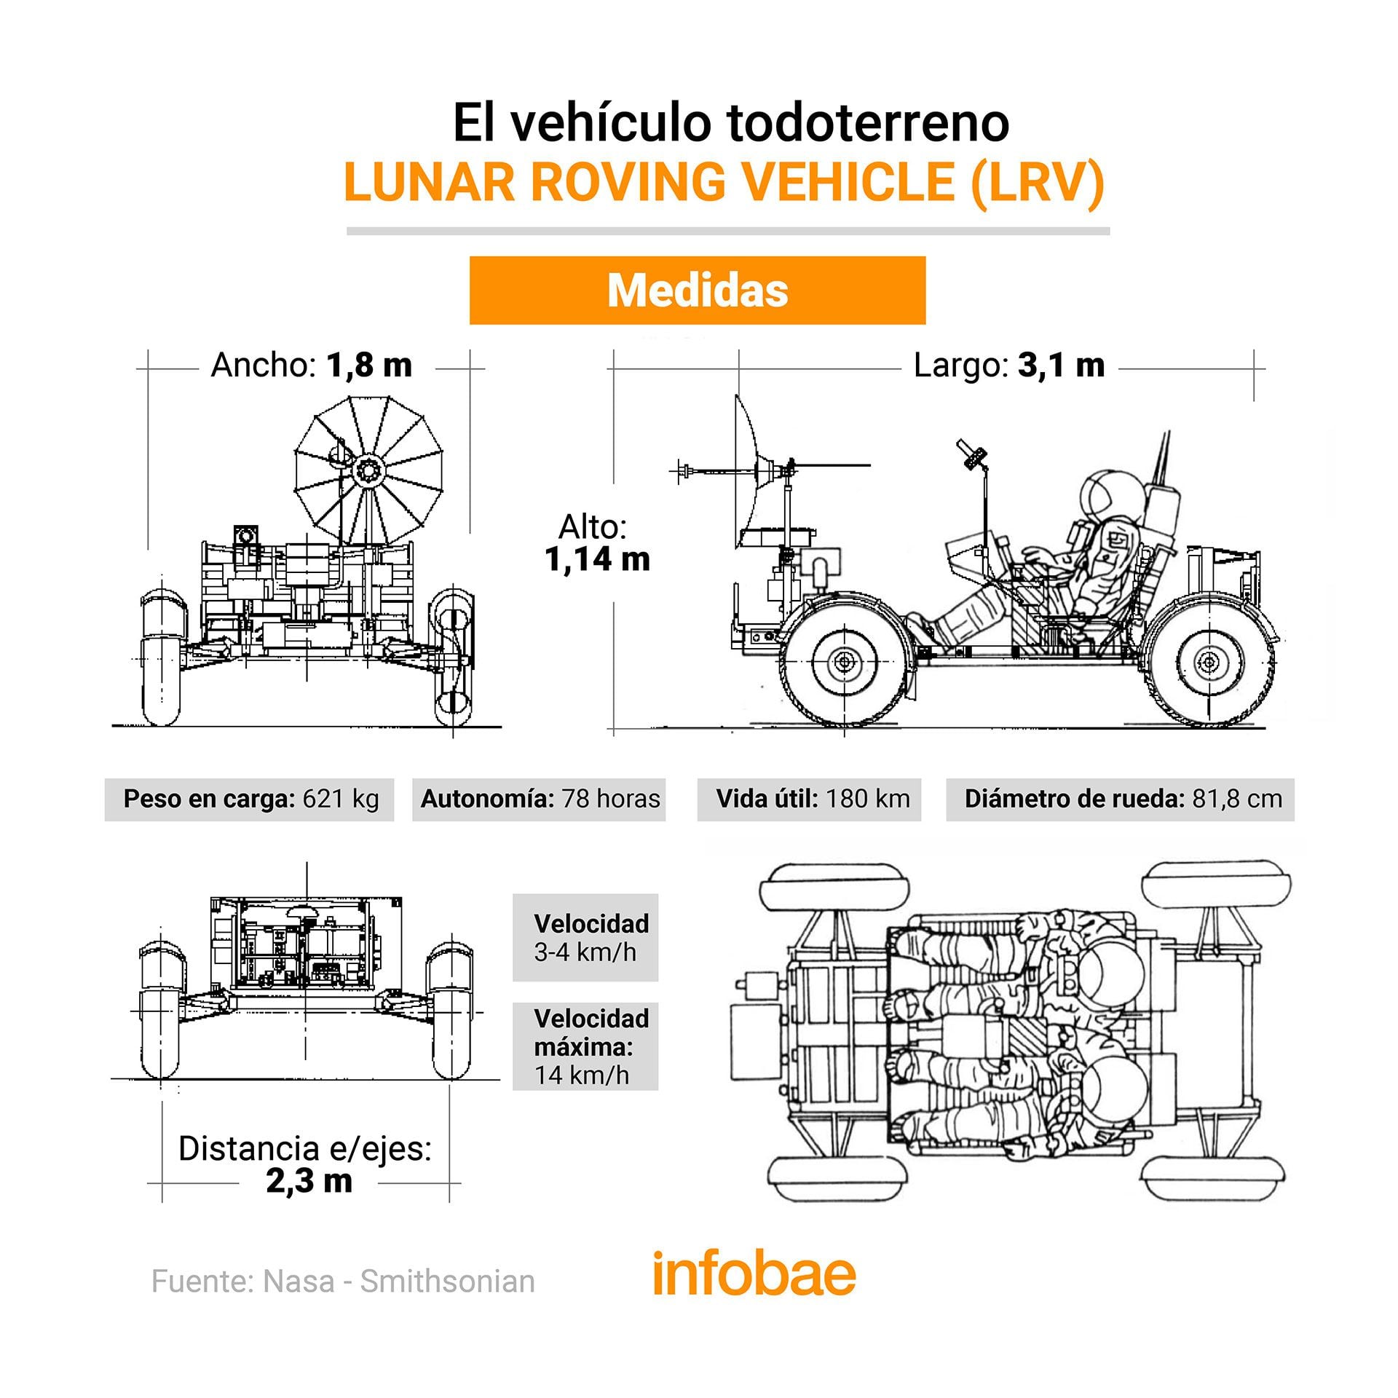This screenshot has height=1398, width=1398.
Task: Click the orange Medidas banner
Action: [697, 290]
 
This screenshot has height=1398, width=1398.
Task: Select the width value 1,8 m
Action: [369, 365]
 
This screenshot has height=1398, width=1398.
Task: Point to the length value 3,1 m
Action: [1061, 365]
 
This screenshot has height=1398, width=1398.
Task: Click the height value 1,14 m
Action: [597, 559]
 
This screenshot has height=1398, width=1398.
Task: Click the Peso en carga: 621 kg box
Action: [250, 799]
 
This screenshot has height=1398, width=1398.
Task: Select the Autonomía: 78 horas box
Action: [540, 799]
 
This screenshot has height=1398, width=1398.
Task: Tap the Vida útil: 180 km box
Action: [810, 799]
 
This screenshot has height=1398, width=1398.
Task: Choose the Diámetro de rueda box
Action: [1121, 799]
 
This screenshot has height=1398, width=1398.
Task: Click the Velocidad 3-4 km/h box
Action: [585, 937]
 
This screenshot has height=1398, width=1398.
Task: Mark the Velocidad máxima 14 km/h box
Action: [585, 1046]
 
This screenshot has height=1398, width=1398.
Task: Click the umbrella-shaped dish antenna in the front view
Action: [367, 470]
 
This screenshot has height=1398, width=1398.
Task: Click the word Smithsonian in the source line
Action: [447, 1281]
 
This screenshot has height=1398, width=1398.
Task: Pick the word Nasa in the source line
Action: [299, 1281]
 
